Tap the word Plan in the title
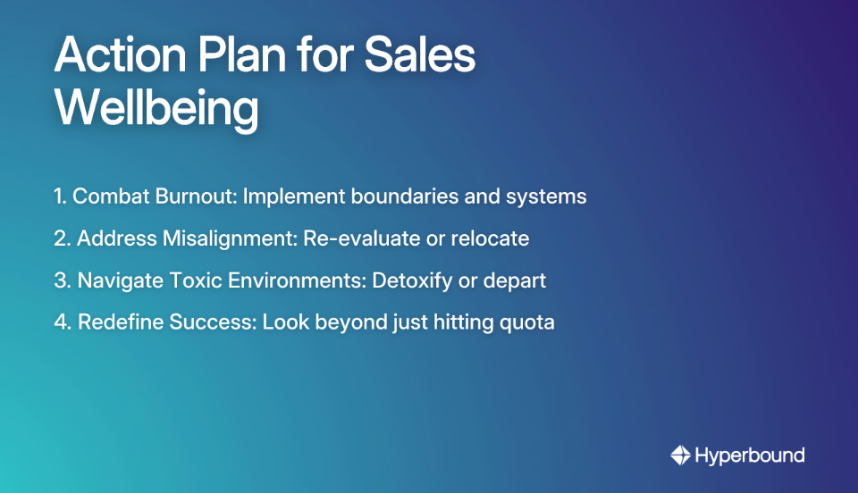(233, 57)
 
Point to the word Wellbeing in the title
(157, 110)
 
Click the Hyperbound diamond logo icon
(680, 455)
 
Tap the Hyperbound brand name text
(750, 455)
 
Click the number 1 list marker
(59, 196)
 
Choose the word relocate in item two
(491, 238)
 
